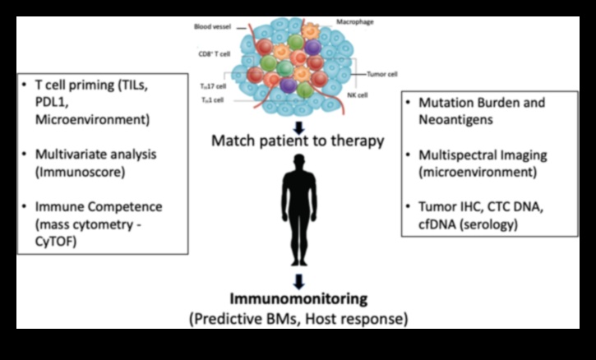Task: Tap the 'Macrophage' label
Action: click(x=356, y=21)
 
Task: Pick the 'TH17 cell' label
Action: click(x=212, y=85)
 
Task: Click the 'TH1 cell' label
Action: click(x=213, y=99)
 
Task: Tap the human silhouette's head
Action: click(x=298, y=163)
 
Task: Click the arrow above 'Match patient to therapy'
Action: click(x=298, y=127)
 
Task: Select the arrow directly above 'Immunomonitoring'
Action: click(x=298, y=279)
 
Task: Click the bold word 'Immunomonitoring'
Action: click(x=298, y=299)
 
